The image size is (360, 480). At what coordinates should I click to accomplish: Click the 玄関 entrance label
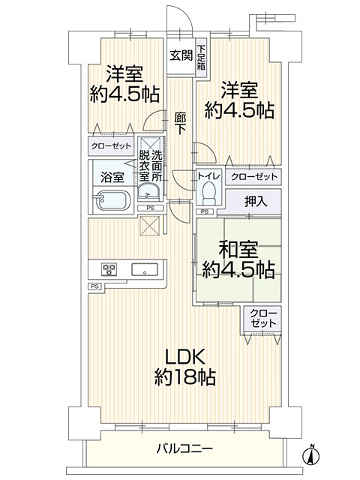pyautogui.click(x=179, y=55)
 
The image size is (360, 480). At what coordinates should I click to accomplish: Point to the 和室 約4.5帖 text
pyautogui.click(x=237, y=257)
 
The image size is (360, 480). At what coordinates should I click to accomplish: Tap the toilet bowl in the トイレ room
pyautogui.click(x=210, y=193)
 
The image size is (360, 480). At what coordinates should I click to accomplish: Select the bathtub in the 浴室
pyautogui.click(x=111, y=200)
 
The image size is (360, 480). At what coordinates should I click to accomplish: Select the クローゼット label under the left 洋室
pyautogui.click(x=111, y=147)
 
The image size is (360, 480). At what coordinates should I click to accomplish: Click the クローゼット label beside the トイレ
pyautogui.click(x=254, y=177)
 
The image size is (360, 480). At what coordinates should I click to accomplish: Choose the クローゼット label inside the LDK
pyautogui.click(x=262, y=318)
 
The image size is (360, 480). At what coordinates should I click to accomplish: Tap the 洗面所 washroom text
pyautogui.click(x=157, y=165)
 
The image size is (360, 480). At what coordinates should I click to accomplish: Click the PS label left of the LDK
pyautogui.click(x=94, y=286)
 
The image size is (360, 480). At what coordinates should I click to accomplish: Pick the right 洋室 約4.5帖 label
pyautogui.click(x=238, y=101)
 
